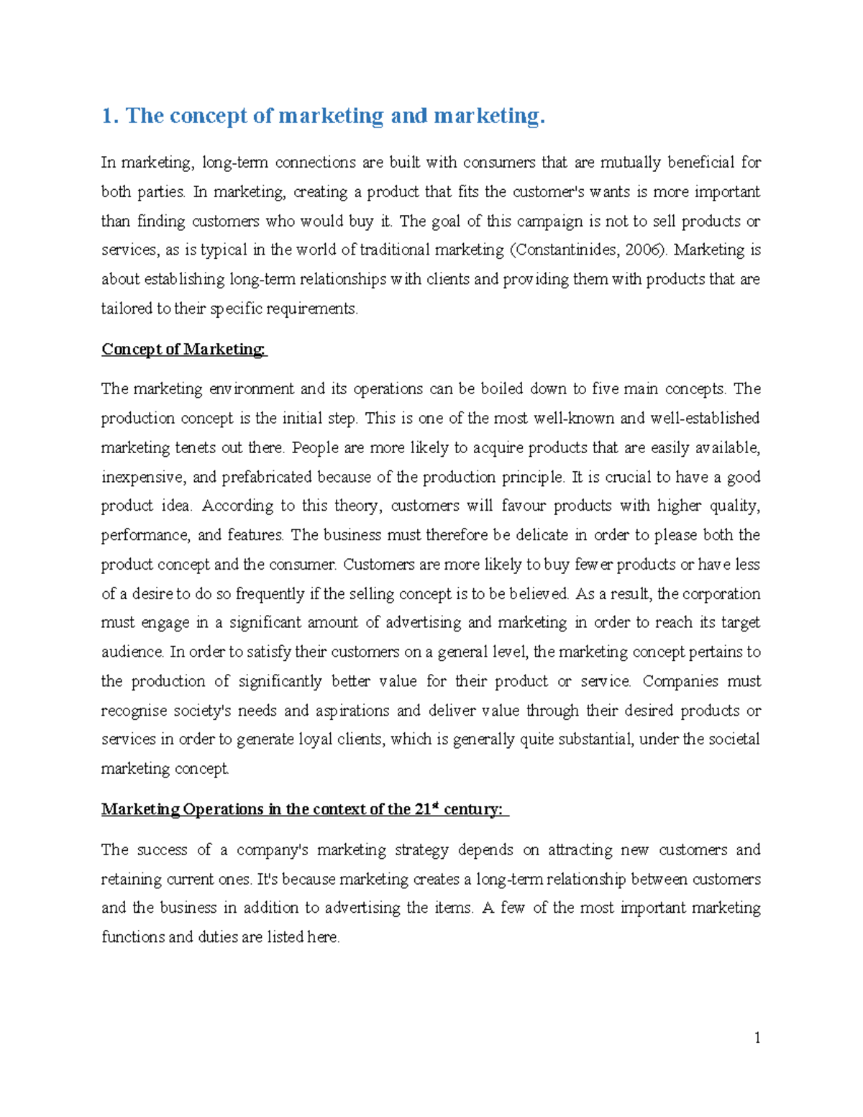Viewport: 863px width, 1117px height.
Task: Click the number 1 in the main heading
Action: [x=107, y=116]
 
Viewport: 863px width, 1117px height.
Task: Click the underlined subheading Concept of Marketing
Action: [x=183, y=349]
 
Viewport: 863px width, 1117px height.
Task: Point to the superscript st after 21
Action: [x=435, y=806]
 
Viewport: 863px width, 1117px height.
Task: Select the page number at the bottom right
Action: [x=757, y=1037]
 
